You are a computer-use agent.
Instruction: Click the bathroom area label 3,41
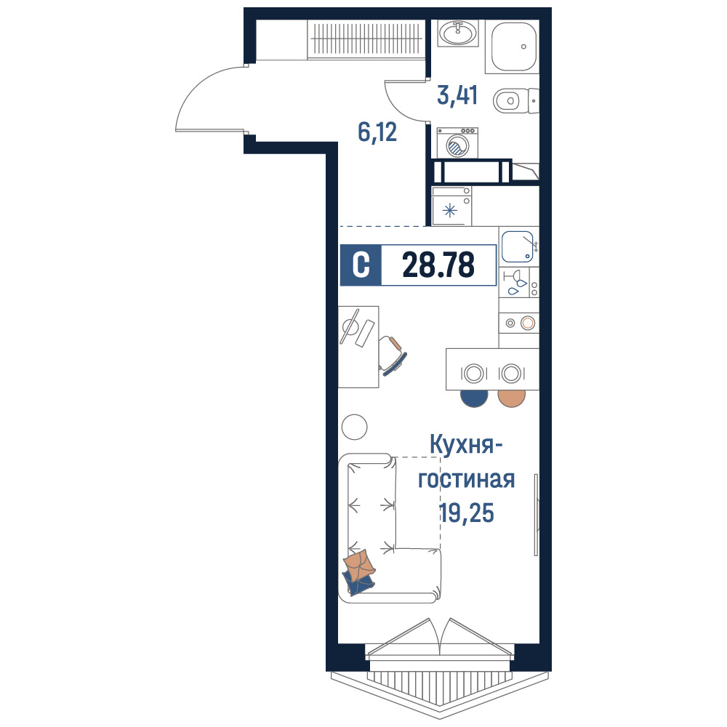tap(457, 95)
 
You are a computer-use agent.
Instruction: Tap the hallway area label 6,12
tap(377, 132)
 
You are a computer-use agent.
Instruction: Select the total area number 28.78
tap(438, 265)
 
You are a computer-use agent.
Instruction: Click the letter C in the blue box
tap(361, 265)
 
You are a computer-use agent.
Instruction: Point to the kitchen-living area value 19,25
tap(467, 513)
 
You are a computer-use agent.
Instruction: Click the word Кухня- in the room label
tap(467, 445)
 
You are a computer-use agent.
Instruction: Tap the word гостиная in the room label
tap(467, 479)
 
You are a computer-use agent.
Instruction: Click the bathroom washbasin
tap(457, 33)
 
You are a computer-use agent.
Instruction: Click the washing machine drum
tap(457, 146)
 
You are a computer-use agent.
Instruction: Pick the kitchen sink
tap(517, 246)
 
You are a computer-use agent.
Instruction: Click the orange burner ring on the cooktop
tap(528, 324)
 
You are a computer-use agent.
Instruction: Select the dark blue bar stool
tap(474, 398)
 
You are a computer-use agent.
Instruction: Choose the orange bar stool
tap(511, 398)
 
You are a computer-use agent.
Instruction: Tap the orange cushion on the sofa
tap(360, 565)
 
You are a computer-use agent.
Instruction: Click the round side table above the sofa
tap(354, 427)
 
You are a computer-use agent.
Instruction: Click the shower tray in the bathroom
tap(513, 47)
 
